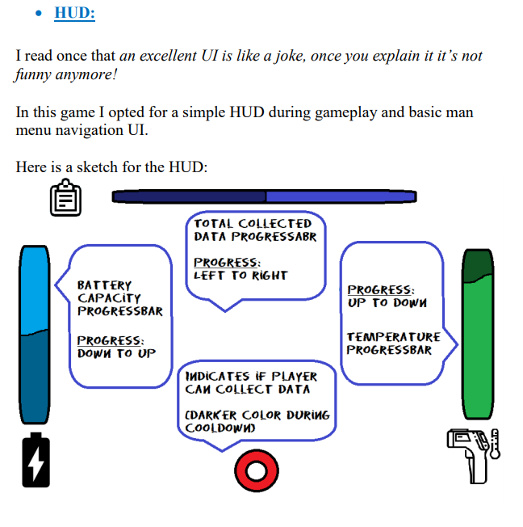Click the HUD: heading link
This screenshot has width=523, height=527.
[74, 13]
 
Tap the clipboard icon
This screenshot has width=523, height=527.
[65, 197]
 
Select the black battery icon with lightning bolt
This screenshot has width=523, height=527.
[36, 460]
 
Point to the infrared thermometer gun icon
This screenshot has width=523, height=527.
[474, 456]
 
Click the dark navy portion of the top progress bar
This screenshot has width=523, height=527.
[189, 196]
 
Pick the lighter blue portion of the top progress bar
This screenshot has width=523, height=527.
[341, 196]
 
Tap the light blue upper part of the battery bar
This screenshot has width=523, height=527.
[35, 289]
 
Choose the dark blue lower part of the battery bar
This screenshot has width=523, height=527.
[35, 377]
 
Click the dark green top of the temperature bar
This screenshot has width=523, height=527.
[478, 265]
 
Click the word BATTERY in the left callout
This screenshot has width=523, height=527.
[104, 285]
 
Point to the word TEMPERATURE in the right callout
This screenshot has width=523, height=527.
[393, 337]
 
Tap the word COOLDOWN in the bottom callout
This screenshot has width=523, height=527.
[220, 428]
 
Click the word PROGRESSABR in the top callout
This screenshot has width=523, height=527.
[274, 237]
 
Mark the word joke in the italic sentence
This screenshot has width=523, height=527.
[291, 56]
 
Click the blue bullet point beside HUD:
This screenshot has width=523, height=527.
[39, 14]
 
